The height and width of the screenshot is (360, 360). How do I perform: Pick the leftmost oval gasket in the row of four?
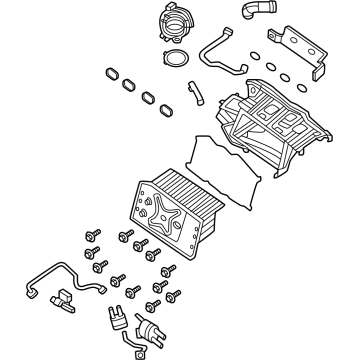(109, 75)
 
